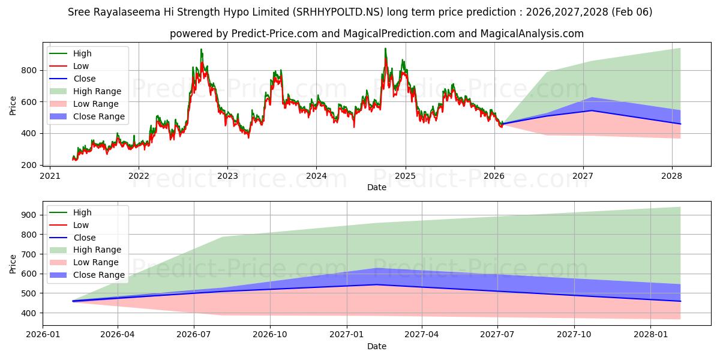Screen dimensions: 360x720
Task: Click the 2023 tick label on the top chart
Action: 227,176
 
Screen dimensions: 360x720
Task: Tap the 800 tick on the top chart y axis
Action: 30,70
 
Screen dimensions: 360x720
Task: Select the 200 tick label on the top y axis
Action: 30,165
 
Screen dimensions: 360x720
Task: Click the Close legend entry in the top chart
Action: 84,79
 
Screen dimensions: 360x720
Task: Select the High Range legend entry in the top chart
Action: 97,91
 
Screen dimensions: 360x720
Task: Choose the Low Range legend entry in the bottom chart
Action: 97,262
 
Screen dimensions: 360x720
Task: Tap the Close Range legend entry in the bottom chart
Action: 99,275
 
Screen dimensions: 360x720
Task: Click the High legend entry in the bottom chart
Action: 82,212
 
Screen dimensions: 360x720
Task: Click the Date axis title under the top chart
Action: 377,188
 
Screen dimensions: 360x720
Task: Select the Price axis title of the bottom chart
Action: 13,263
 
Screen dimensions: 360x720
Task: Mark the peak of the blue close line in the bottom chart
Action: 376,284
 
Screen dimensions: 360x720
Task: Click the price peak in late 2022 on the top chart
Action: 201,49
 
